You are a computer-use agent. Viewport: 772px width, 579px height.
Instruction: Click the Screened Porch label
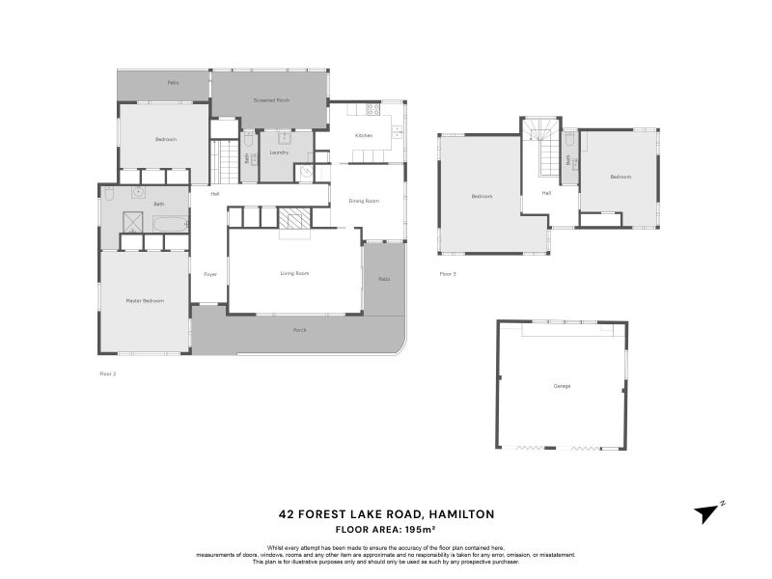pyautogui.click(x=271, y=100)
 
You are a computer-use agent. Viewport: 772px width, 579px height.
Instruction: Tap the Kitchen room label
pyautogui.click(x=364, y=135)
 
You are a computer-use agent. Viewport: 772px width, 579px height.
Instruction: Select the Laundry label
pyautogui.click(x=279, y=152)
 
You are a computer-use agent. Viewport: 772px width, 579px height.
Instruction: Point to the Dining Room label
pyautogui.click(x=364, y=201)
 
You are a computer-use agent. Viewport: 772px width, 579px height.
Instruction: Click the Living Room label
pyautogui.click(x=294, y=274)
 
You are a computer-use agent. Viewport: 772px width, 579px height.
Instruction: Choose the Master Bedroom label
pyautogui.click(x=145, y=301)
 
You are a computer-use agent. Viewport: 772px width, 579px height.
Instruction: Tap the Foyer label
pyautogui.click(x=210, y=274)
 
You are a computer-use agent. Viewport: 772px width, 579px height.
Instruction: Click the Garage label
pyautogui.click(x=562, y=386)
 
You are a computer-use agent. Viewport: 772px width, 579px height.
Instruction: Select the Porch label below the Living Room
pyautogui.click(x=300, y=330)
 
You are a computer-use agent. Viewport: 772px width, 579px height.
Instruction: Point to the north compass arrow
pyautogui.click(x=709, y=512)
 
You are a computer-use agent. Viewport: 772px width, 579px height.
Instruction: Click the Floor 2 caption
pyautogui.click(x=108, y=372)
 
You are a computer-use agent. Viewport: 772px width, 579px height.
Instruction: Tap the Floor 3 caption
pyautogui.click(x=447, y=275)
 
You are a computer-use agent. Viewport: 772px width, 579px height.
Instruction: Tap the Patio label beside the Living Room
pyautogui.click(x=383, y=279)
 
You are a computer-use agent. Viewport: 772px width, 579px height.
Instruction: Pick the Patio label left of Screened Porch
pyautogui.click(x=173, y=83)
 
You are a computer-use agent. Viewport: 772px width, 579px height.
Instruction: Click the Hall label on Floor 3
pyautogui.click(x=546, y=193)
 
